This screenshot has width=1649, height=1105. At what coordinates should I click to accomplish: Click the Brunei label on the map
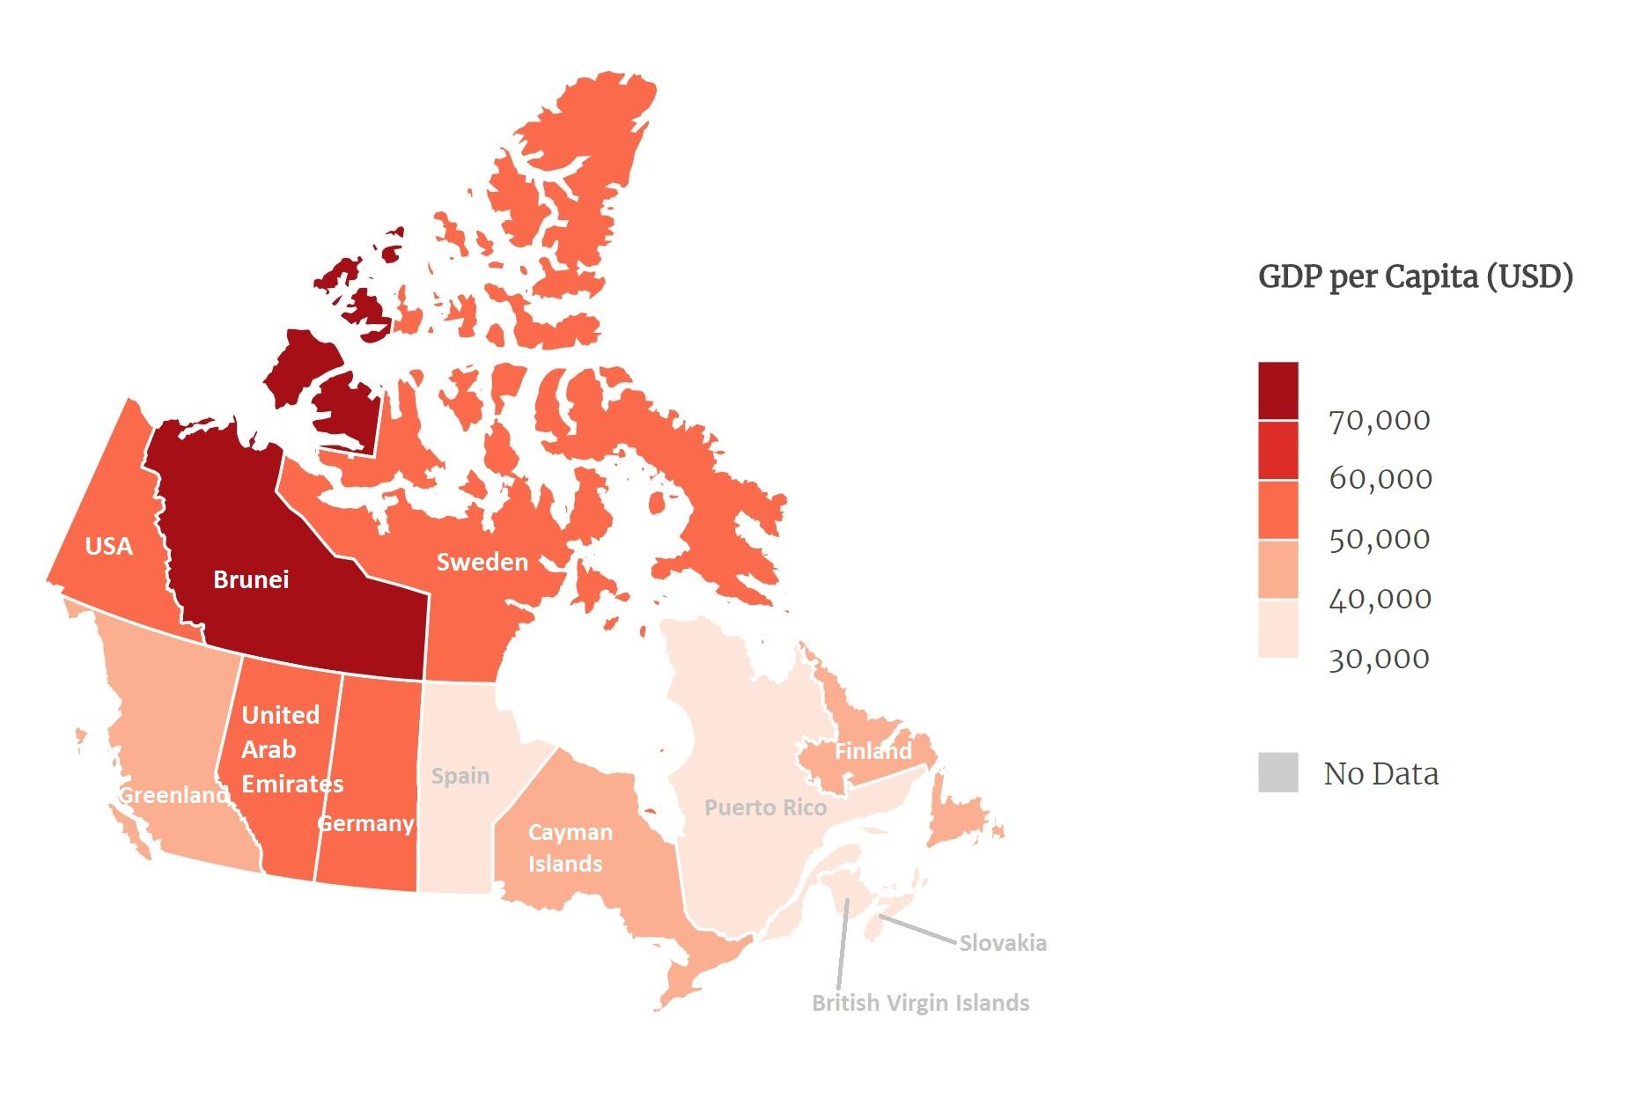click(251, 579)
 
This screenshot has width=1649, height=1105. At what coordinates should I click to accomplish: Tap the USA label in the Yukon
click(108, 546)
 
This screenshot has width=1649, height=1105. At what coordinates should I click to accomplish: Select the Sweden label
click(482, 562)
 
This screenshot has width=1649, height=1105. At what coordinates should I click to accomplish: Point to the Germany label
click(365, 823)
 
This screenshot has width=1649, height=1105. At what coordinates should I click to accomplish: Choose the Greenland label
click(173, 795)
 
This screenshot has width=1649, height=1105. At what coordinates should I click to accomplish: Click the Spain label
click(460, 776)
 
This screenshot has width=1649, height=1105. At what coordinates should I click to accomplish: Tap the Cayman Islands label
click(570, 848)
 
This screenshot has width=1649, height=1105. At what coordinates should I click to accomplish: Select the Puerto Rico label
click(765, 807)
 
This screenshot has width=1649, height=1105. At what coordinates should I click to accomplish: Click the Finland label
click(872, 751)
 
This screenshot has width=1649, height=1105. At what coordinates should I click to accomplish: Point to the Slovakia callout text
click(1003, 944)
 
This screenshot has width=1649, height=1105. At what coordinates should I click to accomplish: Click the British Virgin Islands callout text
click(920, 1003)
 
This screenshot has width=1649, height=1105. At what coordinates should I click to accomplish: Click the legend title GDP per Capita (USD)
click(1415, 276)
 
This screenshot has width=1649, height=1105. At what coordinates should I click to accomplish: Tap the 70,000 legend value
click(1380, 421)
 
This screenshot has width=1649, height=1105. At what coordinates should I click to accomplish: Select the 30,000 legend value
click(1380, 659)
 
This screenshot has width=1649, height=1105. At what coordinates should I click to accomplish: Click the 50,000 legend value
click(1380, 539)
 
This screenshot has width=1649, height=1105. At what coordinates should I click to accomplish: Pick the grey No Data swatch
click(1277, 773)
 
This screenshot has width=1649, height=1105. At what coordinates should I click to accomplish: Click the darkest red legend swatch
click(1277, 391)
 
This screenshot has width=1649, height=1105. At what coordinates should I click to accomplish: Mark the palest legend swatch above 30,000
click(1277, 629)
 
